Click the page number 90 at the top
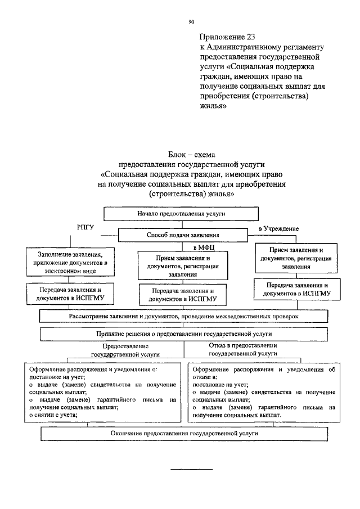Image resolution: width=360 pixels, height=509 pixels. click(x=191, y=22)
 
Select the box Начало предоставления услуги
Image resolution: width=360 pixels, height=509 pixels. click(x=181, y=214)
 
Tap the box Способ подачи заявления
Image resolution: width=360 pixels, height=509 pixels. click(x=183, y=235)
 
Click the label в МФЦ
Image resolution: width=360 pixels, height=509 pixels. click(x=203, y=247)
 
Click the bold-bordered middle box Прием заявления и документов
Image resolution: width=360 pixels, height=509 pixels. click(x=182, y=266)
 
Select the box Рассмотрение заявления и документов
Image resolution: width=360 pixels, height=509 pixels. click(x=180, y=317)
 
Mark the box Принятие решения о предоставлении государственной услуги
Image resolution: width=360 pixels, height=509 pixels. click(x=180, y=334)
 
